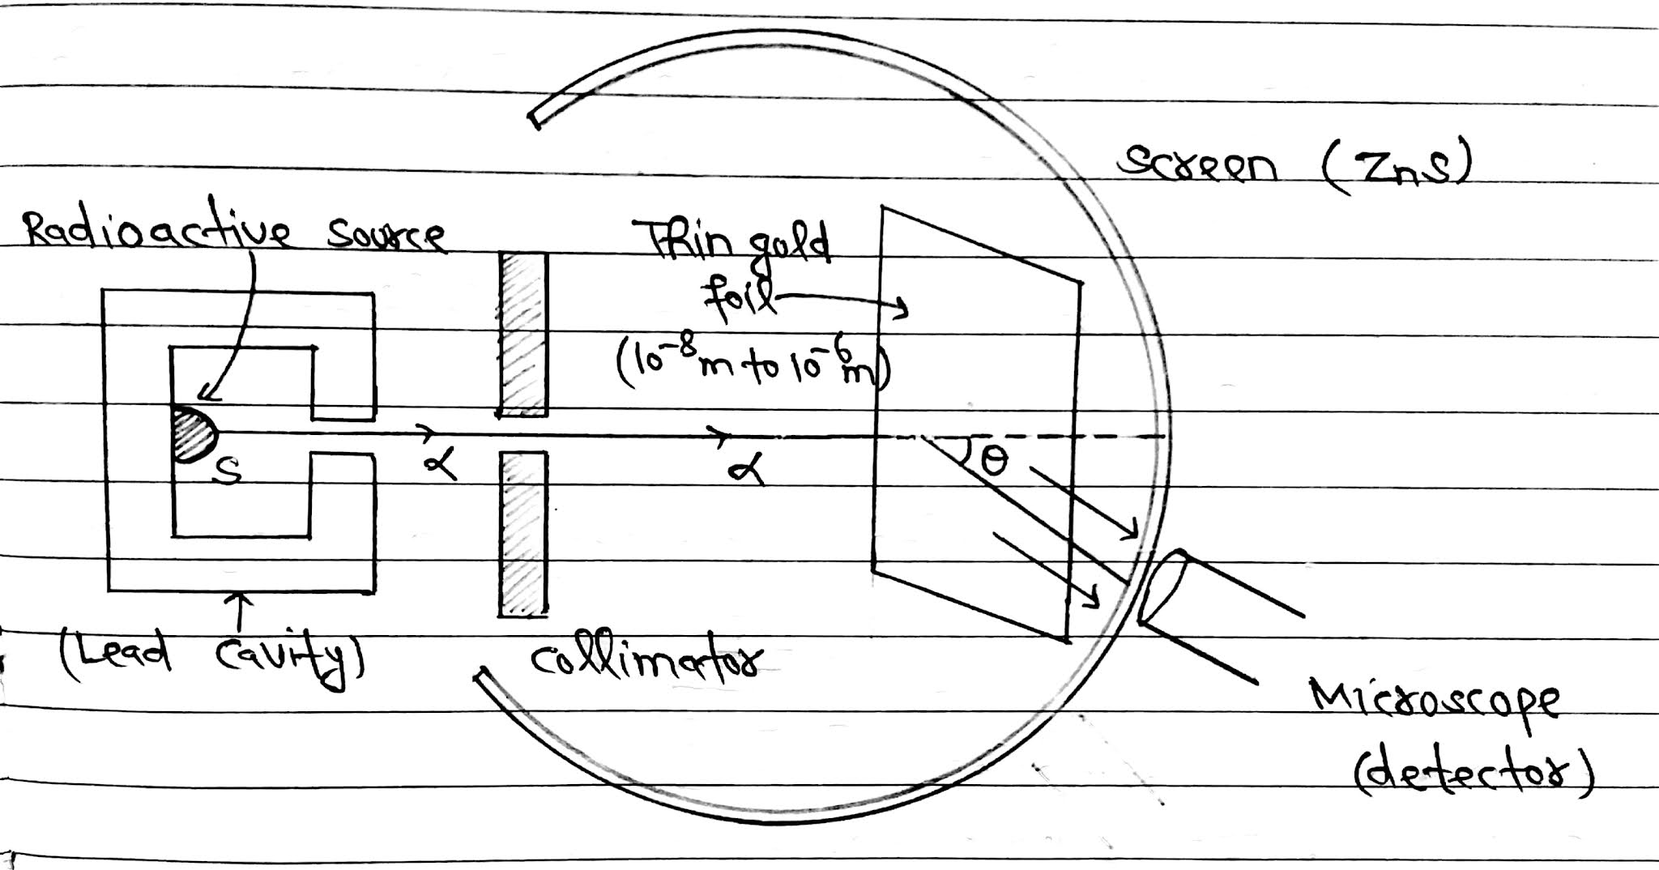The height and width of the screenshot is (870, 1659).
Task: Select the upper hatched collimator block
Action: click(x=523, y=334)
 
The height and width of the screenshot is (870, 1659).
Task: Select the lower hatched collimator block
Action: click(x=523, y=535)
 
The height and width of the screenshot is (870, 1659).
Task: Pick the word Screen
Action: click(x=1198, y=167)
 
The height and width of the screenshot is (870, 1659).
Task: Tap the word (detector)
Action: click(x=1474, y=770)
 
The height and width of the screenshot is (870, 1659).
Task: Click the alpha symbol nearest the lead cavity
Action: click(x=439, y=463)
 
